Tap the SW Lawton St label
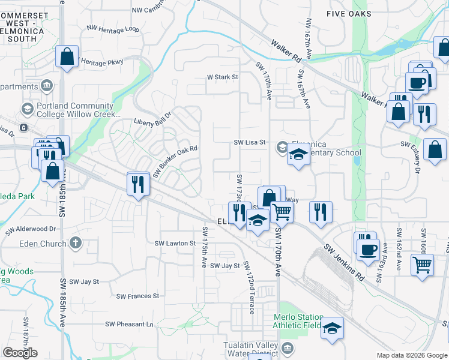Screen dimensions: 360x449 [x=175, y=243]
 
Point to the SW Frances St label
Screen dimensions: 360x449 [x=137, y=296]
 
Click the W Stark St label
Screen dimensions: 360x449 [x=223, y=77]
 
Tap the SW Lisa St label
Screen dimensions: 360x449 [x=250, y=143]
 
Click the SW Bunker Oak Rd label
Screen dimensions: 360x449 [x=175, y=161]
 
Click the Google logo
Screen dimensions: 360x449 [x=20, y=353]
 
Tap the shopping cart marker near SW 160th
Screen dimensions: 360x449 [x=423, y=264]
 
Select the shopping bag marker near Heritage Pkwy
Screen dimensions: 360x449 [x=67, y=58]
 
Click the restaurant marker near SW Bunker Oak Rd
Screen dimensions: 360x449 [x=139, y=183]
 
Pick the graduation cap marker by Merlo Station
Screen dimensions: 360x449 [x=331, y=328]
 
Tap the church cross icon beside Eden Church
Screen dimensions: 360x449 [x=74, y=243]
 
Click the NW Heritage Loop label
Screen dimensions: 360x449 [x=113, y=28]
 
